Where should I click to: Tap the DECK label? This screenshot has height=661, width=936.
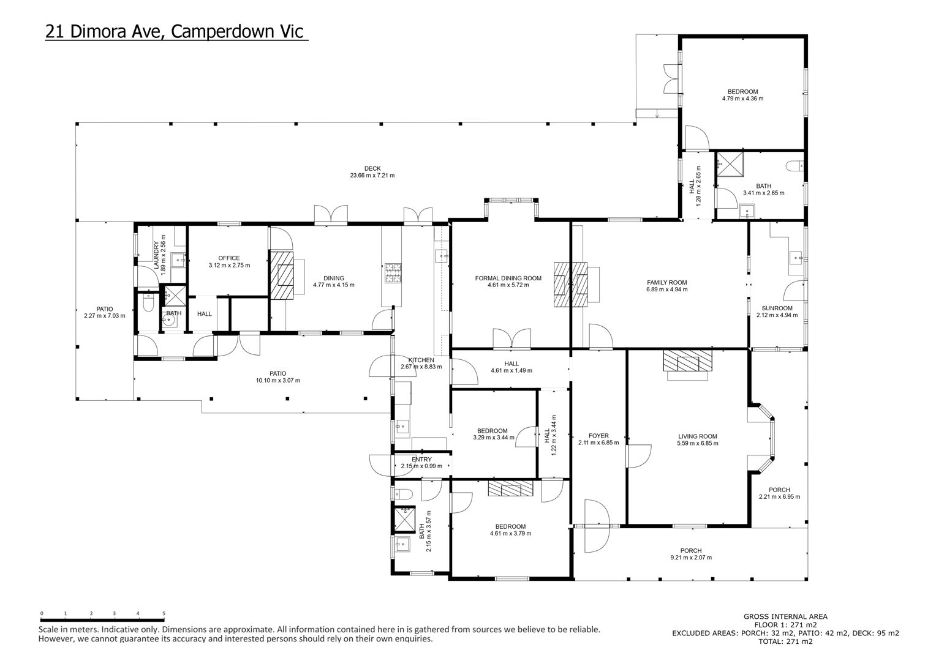point(372,169)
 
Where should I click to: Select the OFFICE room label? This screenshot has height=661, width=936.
point(229,258)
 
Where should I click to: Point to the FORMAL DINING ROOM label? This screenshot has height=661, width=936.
point(508,278)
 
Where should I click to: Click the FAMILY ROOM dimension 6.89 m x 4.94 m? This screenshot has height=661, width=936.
point(667,289)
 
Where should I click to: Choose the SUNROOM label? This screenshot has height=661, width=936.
point(777,308)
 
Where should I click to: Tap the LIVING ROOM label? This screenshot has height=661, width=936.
point(697,436)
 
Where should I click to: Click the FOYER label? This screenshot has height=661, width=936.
point(598,436)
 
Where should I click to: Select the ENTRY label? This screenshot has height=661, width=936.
point(421,459)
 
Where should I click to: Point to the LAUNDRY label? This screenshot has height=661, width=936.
point(156,255)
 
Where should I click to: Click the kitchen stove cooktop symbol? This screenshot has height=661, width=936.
point(393,273)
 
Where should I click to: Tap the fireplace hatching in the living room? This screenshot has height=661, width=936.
point(687,360)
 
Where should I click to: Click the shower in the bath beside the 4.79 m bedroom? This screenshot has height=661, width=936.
point(730,164)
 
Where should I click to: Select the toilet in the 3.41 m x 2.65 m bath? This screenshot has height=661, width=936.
point(794,166)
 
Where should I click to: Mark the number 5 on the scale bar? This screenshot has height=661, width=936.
point(164,613)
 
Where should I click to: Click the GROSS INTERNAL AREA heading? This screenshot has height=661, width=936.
point(785,616)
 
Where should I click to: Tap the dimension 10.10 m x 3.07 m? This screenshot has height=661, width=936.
point(278,381)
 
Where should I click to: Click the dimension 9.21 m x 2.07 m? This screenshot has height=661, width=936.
point(691,558)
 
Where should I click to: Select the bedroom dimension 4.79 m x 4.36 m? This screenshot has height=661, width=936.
point(742,99)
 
